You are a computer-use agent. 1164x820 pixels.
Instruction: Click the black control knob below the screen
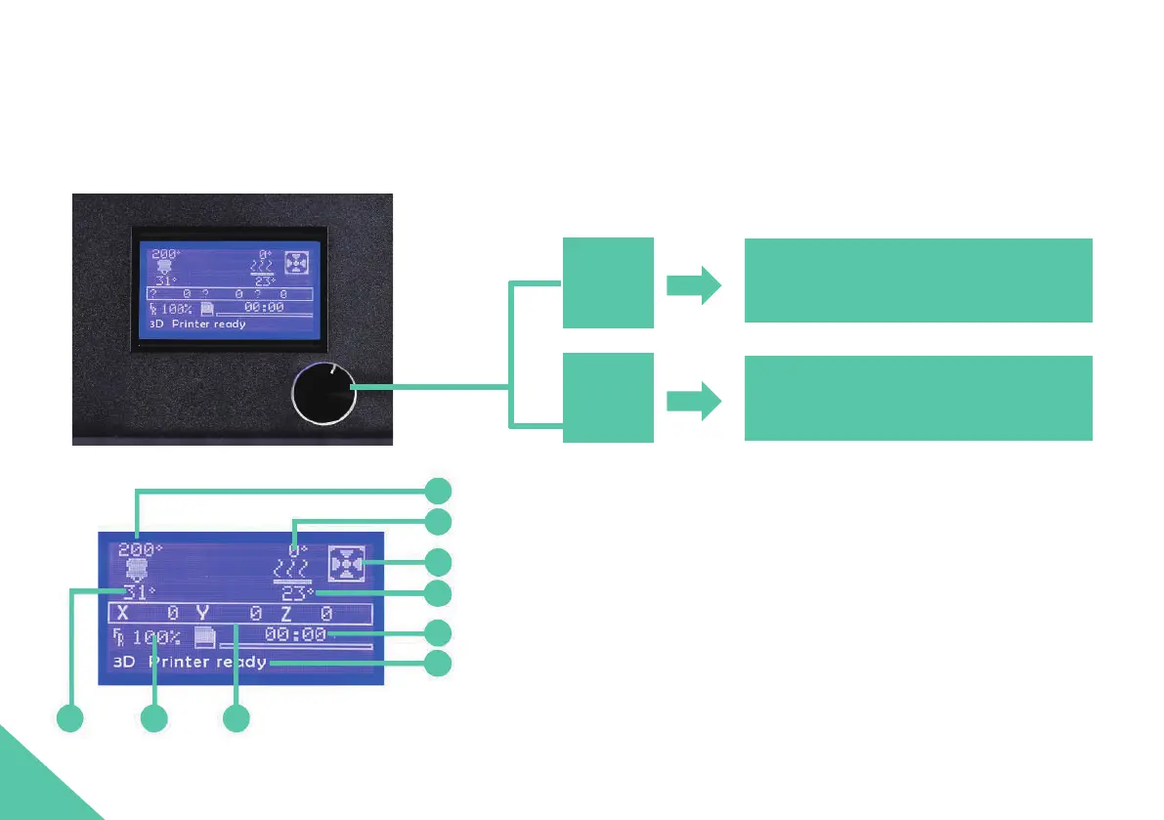coord(324,395)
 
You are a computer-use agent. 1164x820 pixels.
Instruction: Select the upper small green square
coord(608,281)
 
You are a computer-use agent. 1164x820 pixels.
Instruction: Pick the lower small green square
coord(608,398)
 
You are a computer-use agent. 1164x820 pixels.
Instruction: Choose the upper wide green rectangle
coord(918,280)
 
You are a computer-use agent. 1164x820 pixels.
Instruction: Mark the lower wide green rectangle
coord(918,398)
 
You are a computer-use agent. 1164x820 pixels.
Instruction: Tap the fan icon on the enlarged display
coord(348,564)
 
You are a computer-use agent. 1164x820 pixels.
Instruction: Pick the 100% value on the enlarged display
coord(156,638)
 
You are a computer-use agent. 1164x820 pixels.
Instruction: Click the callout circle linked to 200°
coord(438,491)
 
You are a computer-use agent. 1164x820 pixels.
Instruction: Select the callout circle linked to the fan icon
coord(438,563)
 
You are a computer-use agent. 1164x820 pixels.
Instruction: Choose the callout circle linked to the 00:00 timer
coord(438,632)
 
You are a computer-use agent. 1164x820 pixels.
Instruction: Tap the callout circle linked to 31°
coord(69,718)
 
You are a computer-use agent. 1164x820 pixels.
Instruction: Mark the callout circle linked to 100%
coord(153,718)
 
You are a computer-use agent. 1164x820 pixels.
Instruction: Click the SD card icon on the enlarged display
coord(205,638)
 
